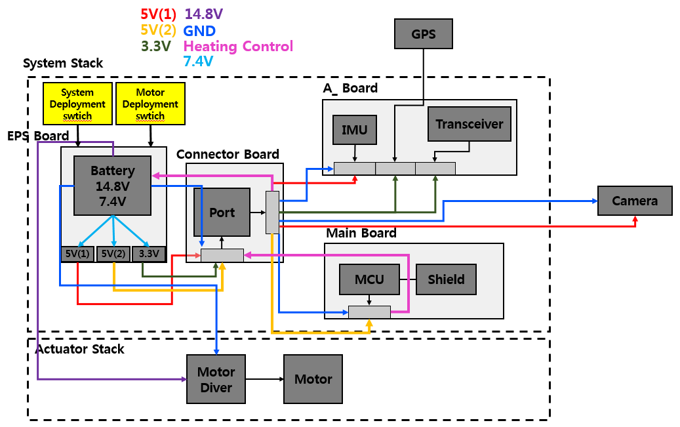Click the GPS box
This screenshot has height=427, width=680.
pos(424,33)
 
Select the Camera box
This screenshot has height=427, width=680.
pos(635,201)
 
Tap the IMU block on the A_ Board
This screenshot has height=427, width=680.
pos(355,130)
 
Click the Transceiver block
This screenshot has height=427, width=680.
pos(469,124)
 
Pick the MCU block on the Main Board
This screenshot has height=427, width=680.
pos(369,279)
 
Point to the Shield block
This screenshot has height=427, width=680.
pos(446,279)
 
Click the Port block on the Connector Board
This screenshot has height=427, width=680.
pos(222,213)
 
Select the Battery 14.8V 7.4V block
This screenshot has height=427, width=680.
pos(112,185)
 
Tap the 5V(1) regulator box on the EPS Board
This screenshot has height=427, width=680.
pos(77,254)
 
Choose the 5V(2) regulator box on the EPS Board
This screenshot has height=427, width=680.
pos(113,254)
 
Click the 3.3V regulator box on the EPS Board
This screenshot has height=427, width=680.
pos(149,254)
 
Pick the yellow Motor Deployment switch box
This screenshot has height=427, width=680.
pos(150,104)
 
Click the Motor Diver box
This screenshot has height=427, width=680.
pos(216,380)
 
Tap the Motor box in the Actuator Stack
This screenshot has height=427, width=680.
pos(313,379)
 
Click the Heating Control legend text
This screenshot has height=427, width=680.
pos(238,47)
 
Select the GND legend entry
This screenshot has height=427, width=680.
pos(200,31)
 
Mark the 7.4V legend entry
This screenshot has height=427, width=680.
pos(198,62)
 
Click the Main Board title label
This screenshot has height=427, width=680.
pos(361,233)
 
